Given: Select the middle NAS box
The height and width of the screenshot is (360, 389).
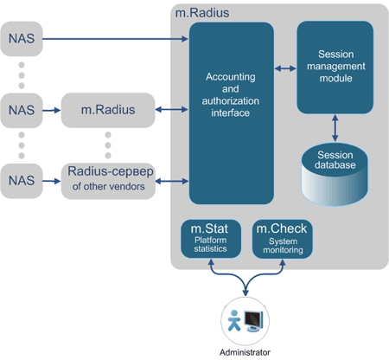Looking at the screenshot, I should click(x=22, y=110).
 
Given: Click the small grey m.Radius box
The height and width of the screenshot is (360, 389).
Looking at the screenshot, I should click(x=105, y=110).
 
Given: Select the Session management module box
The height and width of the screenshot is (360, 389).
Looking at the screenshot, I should click(x=335, y=68).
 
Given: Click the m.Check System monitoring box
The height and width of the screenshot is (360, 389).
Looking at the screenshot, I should click(x=280, y=239).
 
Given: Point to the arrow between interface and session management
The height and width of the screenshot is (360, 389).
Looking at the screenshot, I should click(x=285, y=67).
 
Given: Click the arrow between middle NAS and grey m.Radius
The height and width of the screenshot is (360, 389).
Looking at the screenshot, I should click(x=52, y=110).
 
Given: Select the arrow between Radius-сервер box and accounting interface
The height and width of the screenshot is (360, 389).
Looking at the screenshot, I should click(x=169, y=181).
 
